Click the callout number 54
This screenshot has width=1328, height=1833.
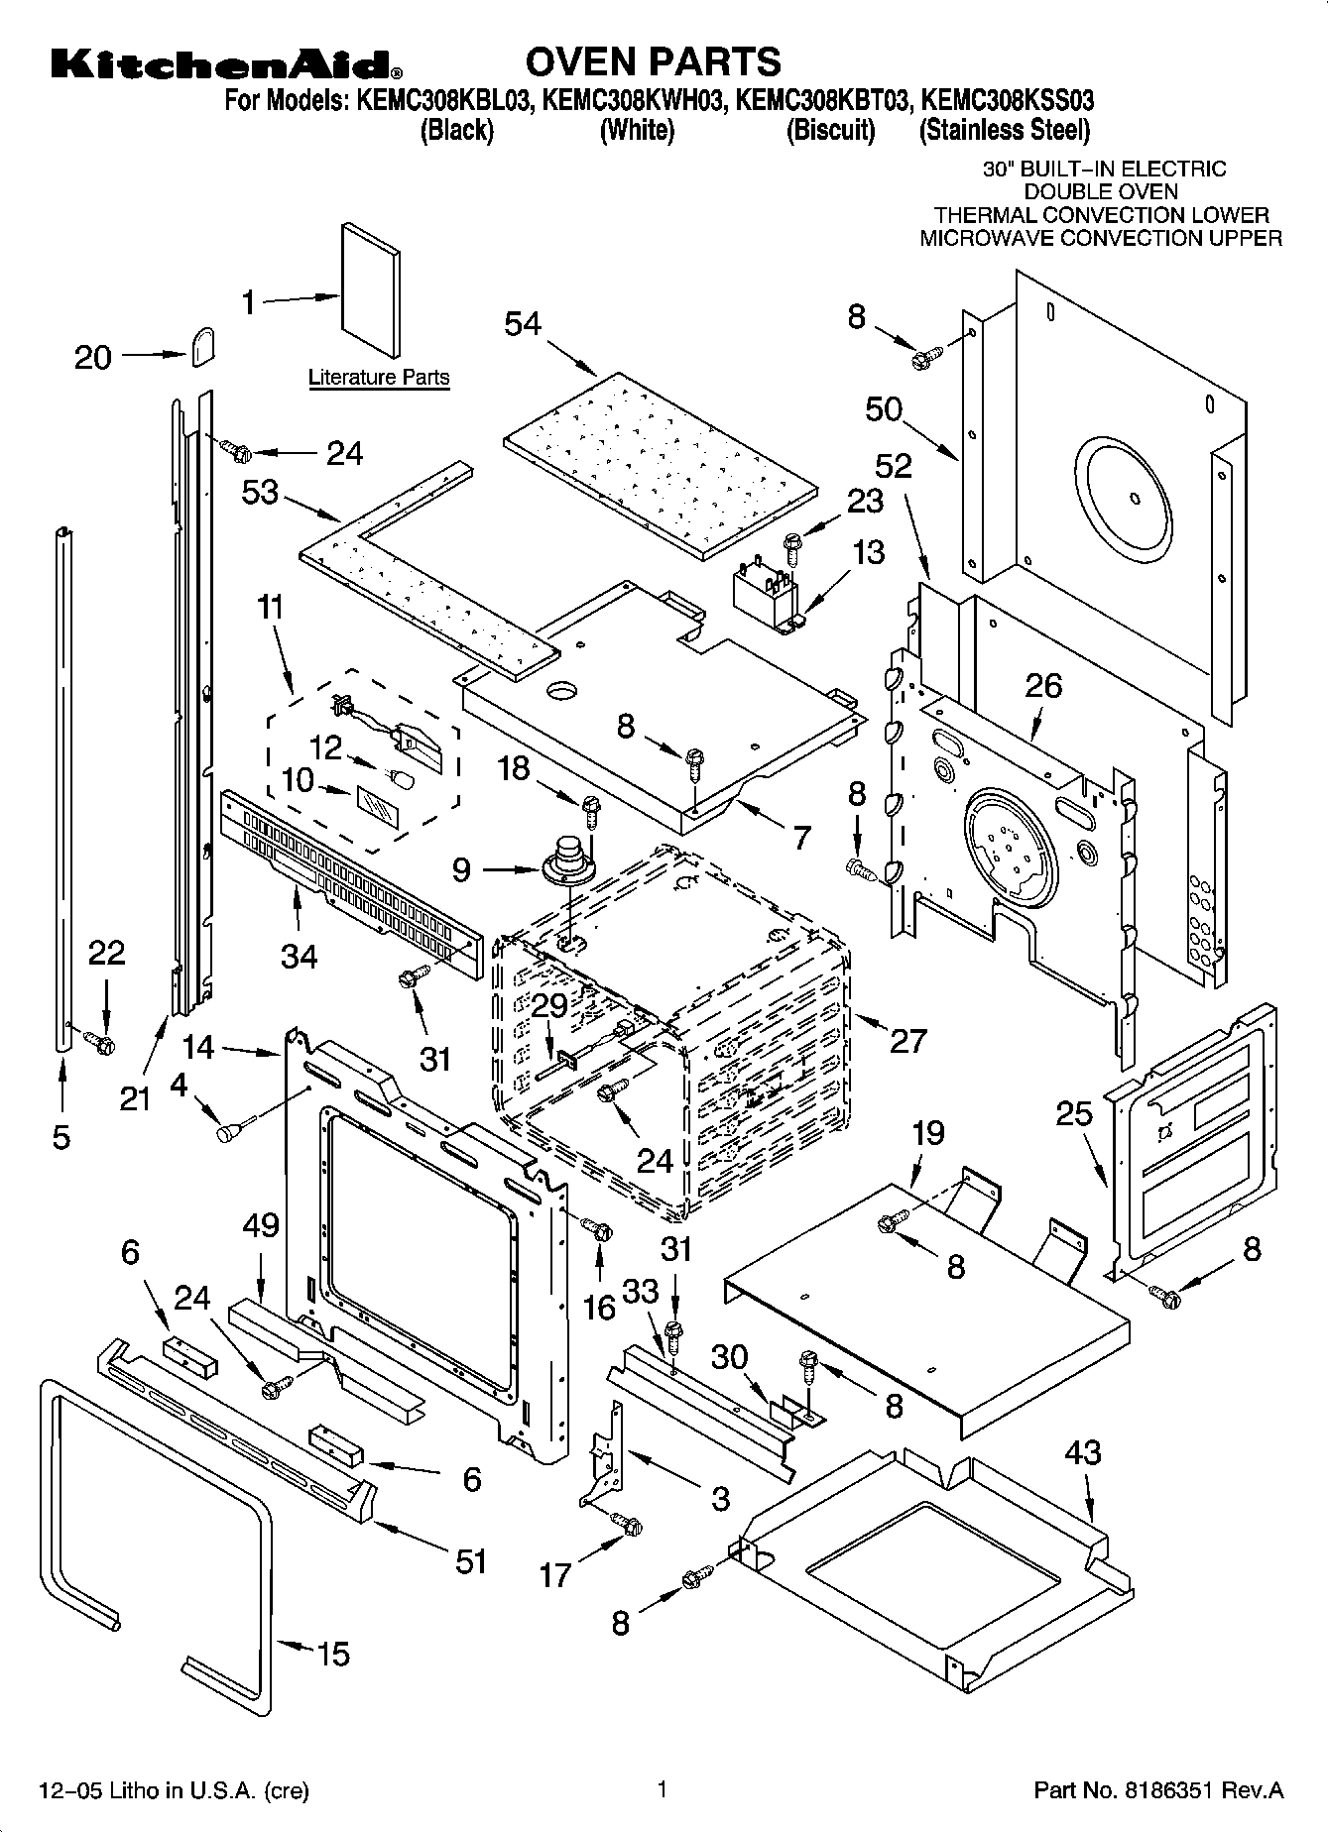click(523, 324)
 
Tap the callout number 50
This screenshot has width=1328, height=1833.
click(884, 409)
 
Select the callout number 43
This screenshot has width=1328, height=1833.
click(1082, 1453)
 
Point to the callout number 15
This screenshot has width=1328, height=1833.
click(334, 1653)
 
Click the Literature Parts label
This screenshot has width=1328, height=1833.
click(379, 378)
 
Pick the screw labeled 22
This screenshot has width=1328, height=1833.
click(100, 1042)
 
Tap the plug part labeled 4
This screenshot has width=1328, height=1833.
click(231, 1129)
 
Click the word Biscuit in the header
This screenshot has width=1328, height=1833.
click(830, 131)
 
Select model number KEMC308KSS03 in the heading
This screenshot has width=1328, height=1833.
click(1007, 100)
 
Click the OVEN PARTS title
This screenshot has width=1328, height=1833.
click(653, 62)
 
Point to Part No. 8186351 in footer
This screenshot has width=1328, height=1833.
click(1158, 1790)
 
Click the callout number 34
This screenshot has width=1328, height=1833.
click(299, 956)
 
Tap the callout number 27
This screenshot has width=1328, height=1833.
click(907, 1040)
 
